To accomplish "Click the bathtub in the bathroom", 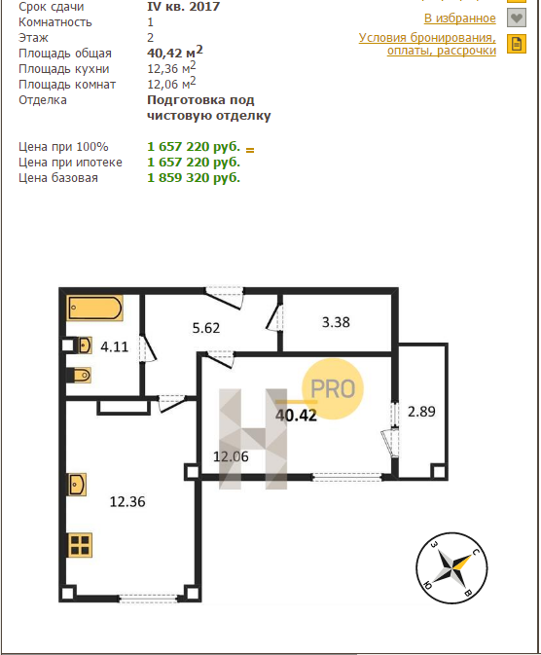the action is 94,309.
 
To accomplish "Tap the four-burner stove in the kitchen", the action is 80,545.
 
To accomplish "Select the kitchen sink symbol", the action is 77,485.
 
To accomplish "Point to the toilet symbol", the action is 81,375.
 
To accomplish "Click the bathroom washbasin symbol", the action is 84,346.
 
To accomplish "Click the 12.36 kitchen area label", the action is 127,501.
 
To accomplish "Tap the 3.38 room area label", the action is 336,322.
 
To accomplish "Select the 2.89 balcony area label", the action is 421,412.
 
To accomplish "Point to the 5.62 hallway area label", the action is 206,328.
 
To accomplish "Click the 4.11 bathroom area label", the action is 115,346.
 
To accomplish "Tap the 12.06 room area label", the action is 231,456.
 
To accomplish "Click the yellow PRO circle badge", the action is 333,389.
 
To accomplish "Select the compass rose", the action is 451,568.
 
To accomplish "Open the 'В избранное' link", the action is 460,18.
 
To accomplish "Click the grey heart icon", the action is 517,18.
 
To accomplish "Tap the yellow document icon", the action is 517,44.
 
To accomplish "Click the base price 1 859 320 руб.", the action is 194,178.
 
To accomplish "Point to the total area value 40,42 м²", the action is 175,52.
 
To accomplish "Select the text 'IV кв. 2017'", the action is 183,6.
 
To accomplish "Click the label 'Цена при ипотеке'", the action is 70,163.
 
